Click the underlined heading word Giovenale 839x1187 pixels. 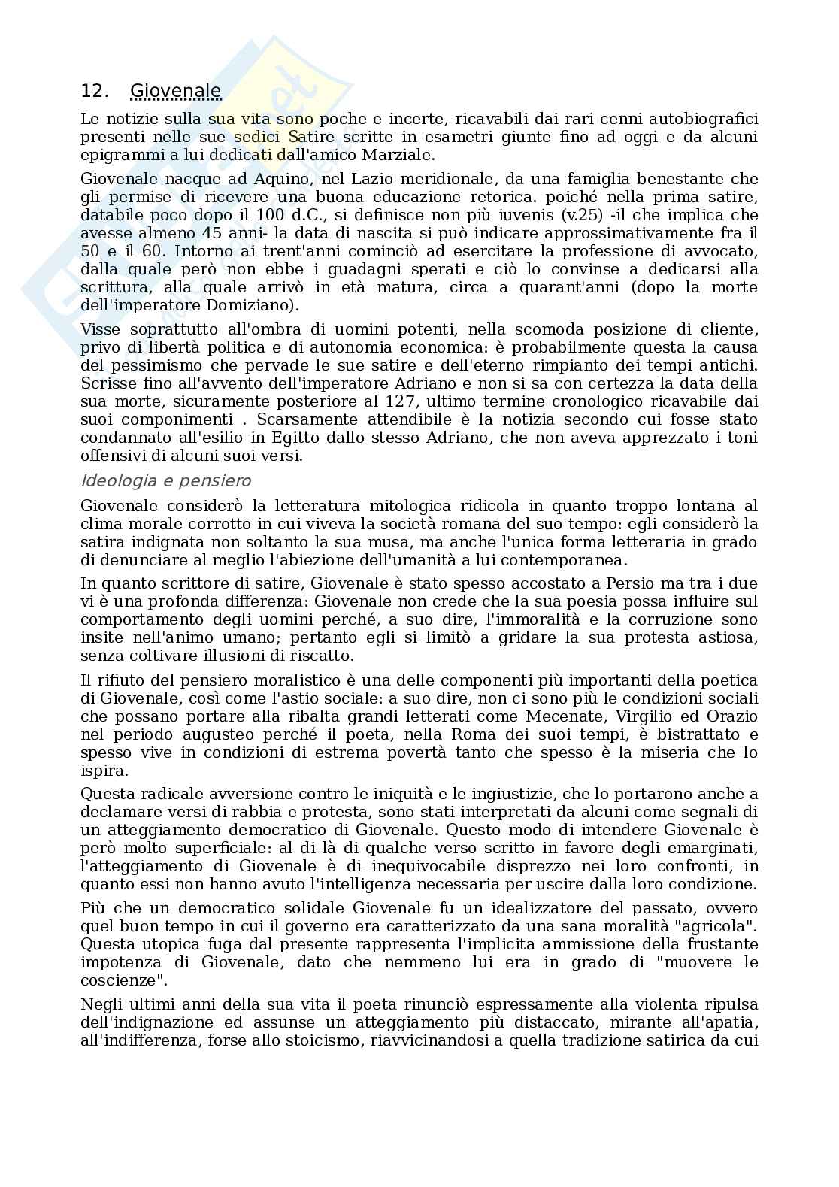point(175,92)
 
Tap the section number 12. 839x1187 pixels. point(95,92)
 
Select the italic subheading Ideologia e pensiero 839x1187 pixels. point(165,480)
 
